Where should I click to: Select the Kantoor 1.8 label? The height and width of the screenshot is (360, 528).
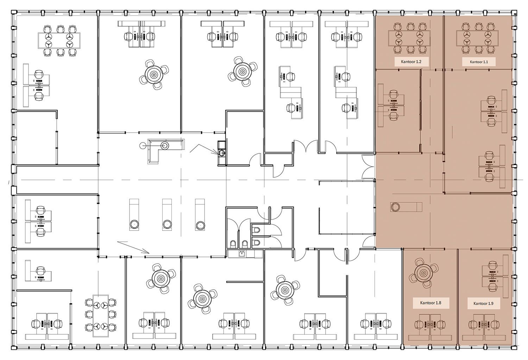[430, 303]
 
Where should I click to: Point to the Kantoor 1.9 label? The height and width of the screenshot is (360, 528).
[483, 303]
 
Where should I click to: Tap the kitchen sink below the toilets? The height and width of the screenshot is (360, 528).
[243, 253]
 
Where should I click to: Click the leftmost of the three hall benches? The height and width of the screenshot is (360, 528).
[134, 215]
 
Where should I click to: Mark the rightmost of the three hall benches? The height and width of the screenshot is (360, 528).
[200, 215]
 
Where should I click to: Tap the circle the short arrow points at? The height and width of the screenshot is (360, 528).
[221, 152]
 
